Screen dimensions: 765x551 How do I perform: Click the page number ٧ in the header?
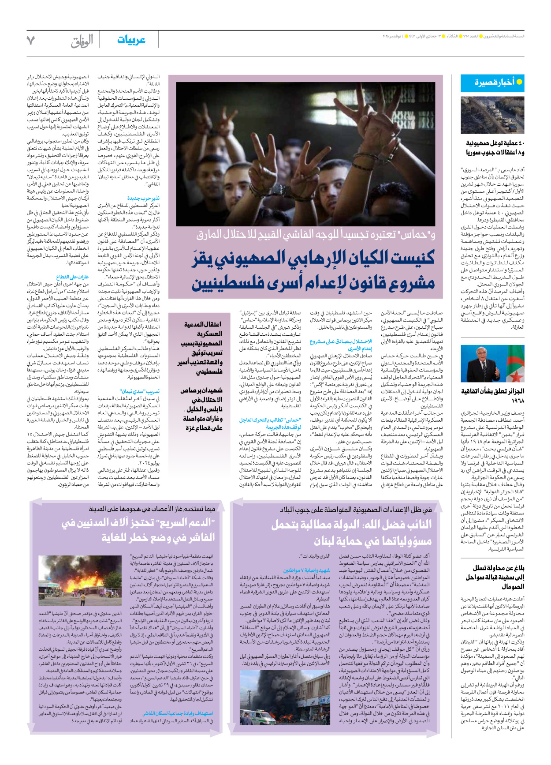(x=30, y=41)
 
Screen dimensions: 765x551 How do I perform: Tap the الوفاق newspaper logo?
(x=82, y=41)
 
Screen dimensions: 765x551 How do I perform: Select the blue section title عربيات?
(x=131, y=40)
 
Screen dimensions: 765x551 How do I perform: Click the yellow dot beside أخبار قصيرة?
(x=519, y=82)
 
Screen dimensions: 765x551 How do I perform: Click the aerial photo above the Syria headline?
(x=492, y=115)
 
